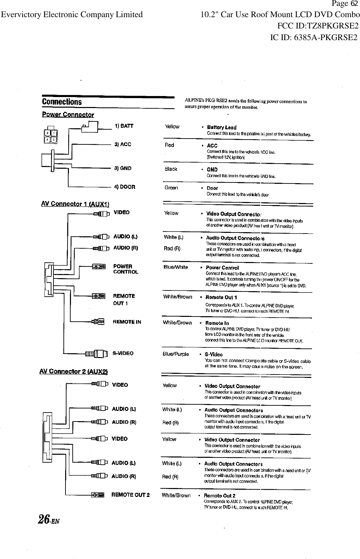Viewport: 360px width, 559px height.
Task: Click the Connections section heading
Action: [x=62, y=102]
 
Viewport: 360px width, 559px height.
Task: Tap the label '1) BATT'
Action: [x=124, y=126]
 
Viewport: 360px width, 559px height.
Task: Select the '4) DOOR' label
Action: [x=124, y=187]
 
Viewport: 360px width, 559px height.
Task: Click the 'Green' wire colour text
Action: [x=171, y=188]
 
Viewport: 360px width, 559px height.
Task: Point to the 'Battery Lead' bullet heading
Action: [x=221, y=128]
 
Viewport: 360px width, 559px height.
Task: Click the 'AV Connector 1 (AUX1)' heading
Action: [x=75, y=204]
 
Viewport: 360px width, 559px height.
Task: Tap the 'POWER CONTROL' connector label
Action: [x=125, y=269]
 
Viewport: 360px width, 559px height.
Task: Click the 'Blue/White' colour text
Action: [x=176, y=267]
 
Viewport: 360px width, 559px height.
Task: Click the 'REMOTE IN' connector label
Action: [x=127, y=322]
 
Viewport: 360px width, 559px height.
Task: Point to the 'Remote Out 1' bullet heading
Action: [x=221, y=297]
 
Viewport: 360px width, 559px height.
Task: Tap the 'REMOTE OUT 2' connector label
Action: [x=130, y=495]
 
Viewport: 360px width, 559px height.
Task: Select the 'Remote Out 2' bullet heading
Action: [x=219, y=496]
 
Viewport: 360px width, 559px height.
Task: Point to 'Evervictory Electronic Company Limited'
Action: [x=72, y=15]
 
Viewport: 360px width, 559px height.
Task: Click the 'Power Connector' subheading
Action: [x=68, y=115]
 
